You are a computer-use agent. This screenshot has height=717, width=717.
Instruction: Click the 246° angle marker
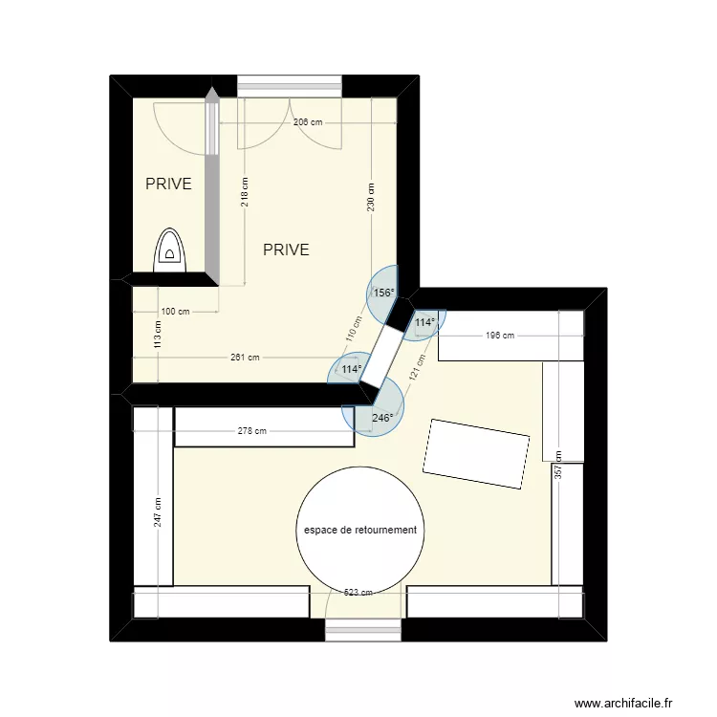(x=382, y=417)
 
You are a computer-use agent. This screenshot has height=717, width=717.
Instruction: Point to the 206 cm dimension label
(x=307, y=123)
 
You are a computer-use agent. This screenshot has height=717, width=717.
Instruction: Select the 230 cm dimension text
(x=370, y=196)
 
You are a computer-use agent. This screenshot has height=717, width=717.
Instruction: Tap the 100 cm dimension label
(x=175, y=312)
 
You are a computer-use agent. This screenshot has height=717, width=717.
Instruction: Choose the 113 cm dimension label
(x=158, y=334)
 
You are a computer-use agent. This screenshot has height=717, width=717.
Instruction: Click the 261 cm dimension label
(x=245, y=358)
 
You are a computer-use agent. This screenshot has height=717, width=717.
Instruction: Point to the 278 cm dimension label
(x=252, y=431)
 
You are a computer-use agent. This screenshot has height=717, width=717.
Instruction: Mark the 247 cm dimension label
(x=158, y=512)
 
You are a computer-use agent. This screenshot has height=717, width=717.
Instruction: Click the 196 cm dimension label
(x=500, y=336)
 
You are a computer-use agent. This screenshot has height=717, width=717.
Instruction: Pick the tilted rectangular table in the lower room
(x=476, y=453)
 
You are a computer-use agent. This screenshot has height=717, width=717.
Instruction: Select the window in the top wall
(x=292, y=85)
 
